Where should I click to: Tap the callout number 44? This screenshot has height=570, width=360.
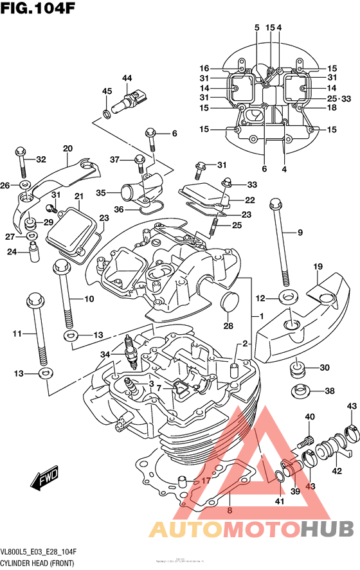(127, 78)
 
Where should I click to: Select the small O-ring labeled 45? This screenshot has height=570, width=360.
(106, 114)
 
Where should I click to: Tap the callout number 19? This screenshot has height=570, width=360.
(317, 267)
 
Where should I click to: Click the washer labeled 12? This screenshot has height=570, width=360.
(287, 298)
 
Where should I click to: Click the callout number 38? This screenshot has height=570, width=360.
(329, 391)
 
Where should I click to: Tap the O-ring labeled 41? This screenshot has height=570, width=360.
(280, 476)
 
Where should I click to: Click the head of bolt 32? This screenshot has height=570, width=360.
(20, 152)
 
